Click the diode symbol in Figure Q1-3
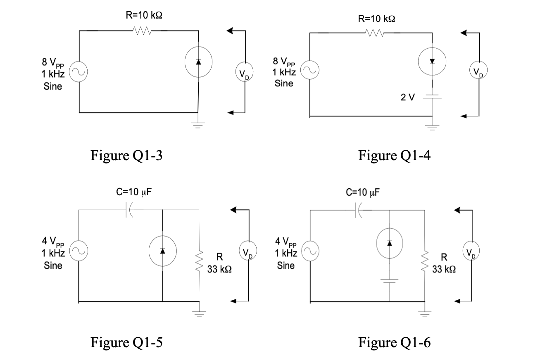click(x=198, y=62)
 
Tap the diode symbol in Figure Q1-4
click(x=432, y=62)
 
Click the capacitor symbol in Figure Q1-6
click(x=358, y=210)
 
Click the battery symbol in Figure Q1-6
click(x=389, y=281)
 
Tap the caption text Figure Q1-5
click(x=126, y=342)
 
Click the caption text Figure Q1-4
click(x=394, y=155)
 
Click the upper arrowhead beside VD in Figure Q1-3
click(x=231, y=31)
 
